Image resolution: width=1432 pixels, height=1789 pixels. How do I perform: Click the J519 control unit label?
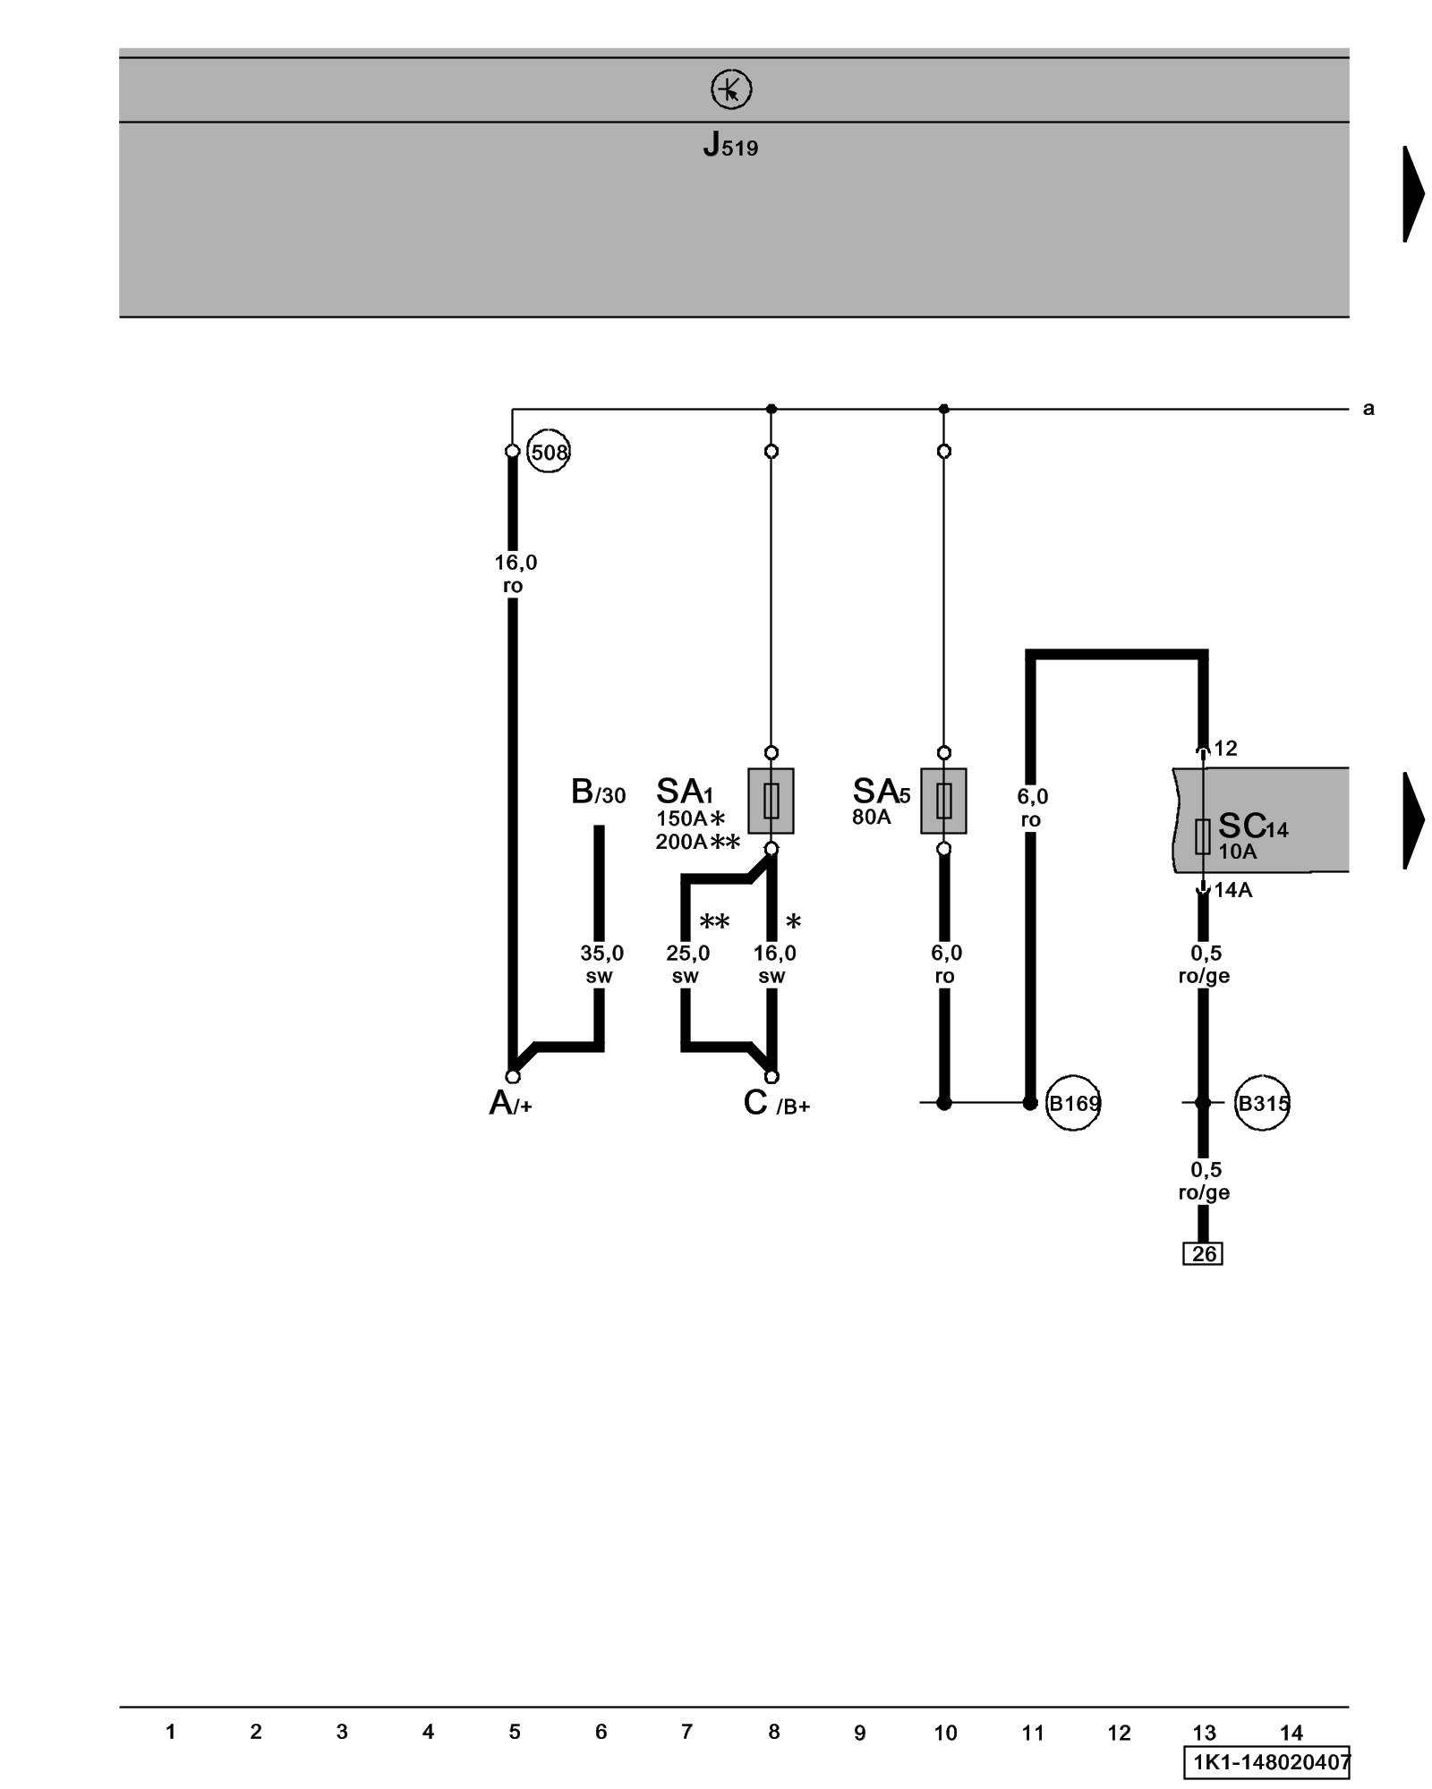tap(730, 145)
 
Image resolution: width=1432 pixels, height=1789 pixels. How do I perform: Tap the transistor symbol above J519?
tap(730, 90)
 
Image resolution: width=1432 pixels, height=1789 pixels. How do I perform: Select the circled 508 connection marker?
tap(549, 452)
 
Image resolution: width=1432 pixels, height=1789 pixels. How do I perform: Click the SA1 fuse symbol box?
tap(771, 801)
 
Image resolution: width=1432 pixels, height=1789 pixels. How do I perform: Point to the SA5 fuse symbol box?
tap(943, 801)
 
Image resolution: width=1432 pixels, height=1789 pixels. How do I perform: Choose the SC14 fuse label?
tap(1252, 827)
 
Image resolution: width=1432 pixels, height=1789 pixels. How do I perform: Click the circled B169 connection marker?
tap(1073, 1104)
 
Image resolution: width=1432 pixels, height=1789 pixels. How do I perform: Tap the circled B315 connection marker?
tap(1262, 1104)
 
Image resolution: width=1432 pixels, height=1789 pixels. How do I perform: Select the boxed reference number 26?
tap(1203, 1254)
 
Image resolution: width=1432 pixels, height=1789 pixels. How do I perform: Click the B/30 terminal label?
tap(598, 793)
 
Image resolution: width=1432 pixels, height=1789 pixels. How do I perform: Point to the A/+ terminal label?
tap(510, 1104)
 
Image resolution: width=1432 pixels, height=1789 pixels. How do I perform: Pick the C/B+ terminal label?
tap(776, 1104)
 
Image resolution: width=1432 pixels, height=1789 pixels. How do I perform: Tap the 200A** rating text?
tap(697, 842)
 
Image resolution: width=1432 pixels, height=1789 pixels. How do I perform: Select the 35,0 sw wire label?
tap(601, 964)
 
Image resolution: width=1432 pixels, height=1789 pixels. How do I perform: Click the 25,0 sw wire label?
tap(687, 964)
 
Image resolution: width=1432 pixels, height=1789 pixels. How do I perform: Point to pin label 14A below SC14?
tap(1232, 890)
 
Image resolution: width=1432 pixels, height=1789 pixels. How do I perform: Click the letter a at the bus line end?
tap(1368, 409)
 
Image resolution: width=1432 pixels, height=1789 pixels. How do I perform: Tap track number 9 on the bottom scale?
tap(859, 1734)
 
